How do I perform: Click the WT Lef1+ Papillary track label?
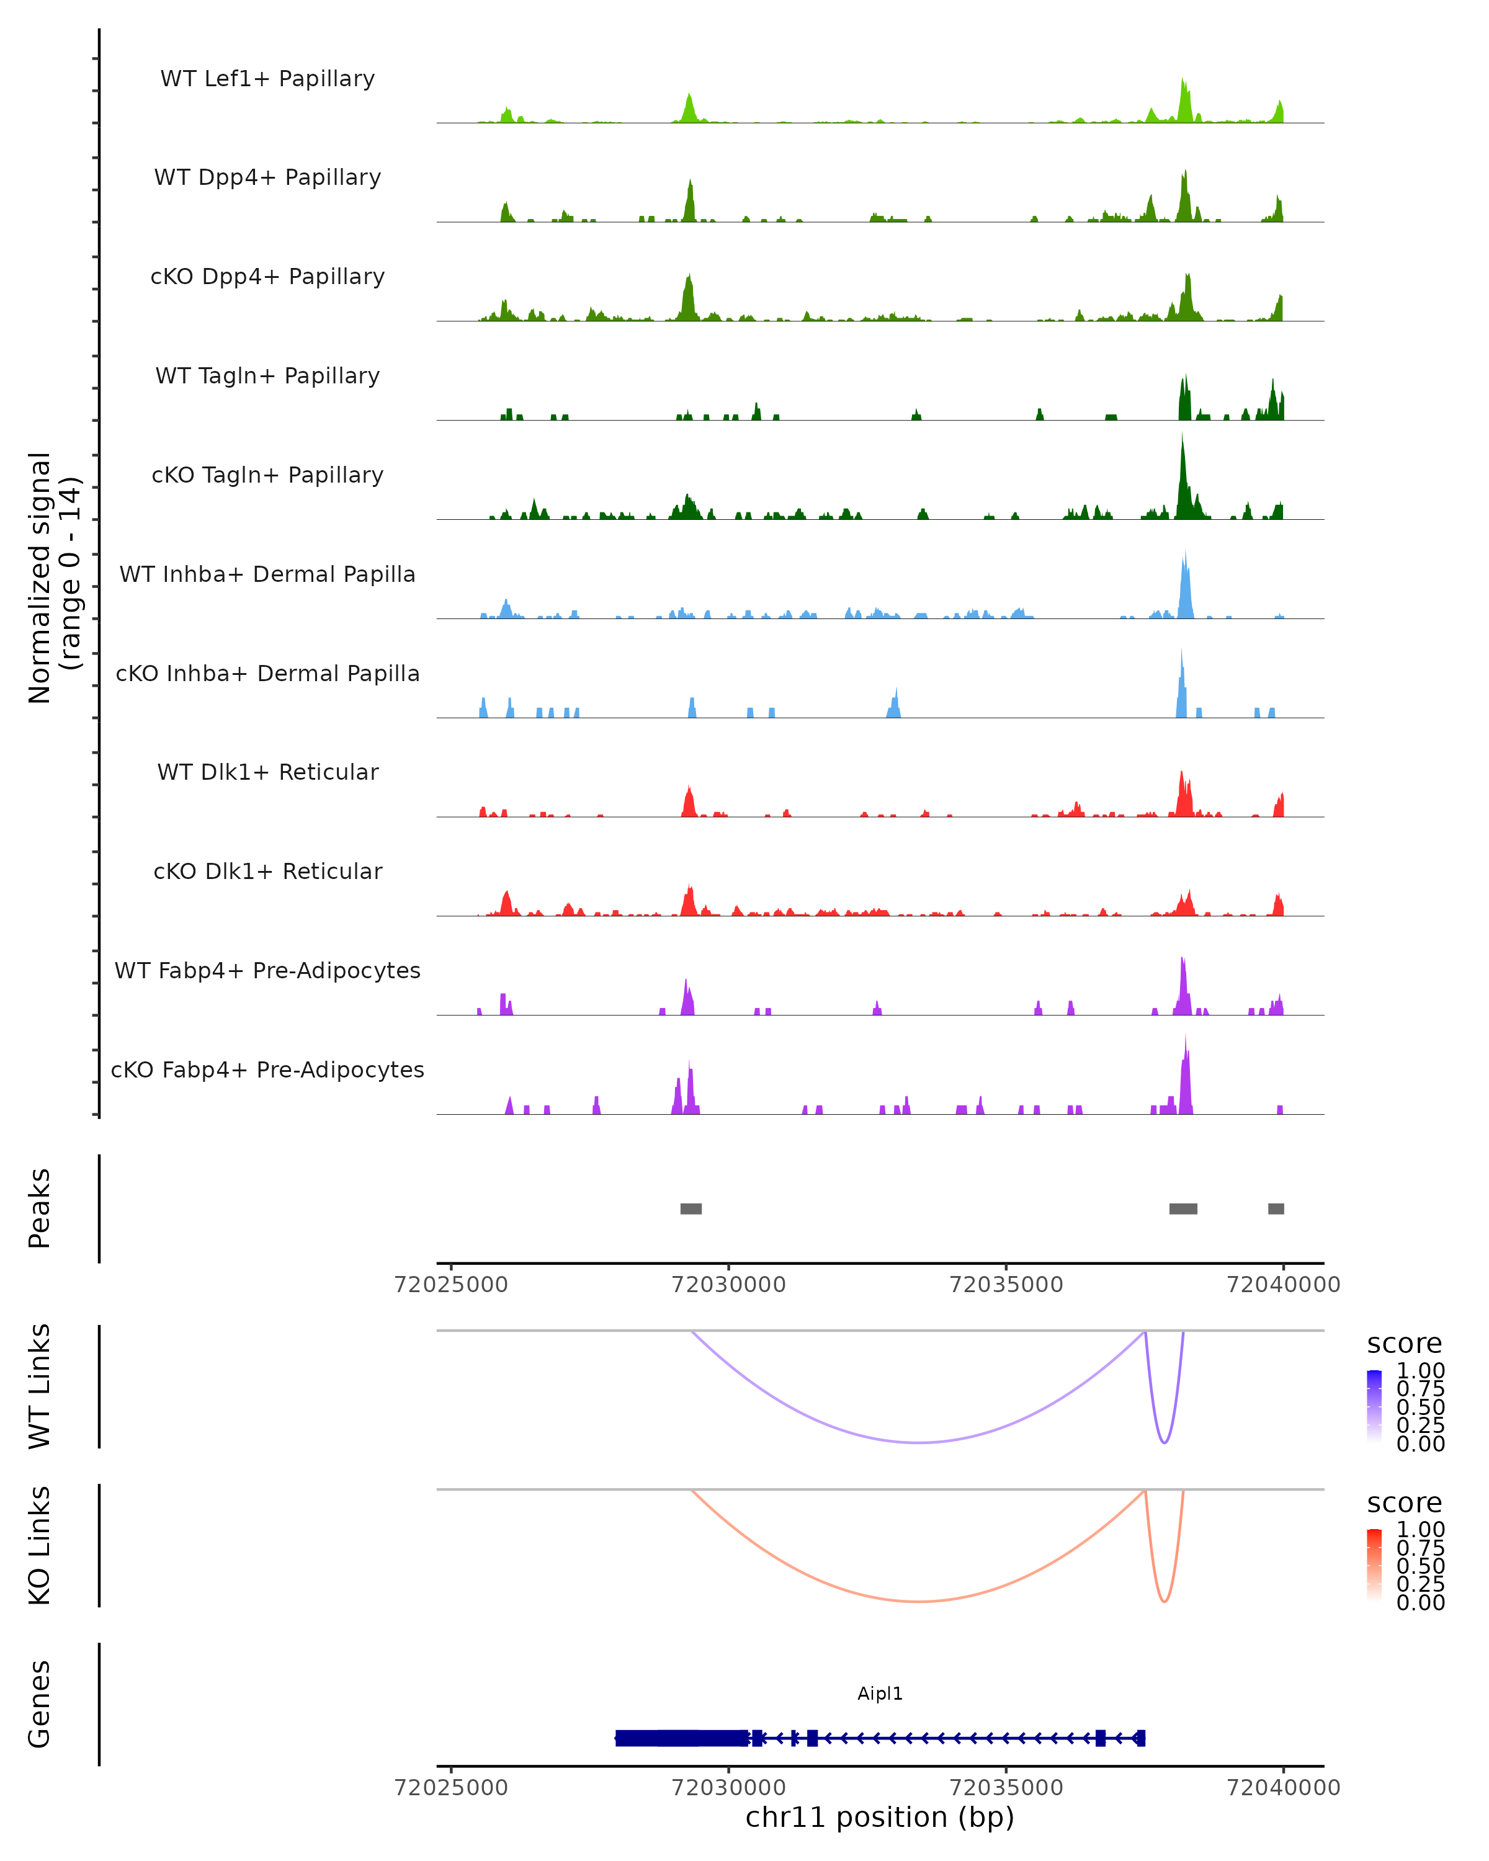point(267,79)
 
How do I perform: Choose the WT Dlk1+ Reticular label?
point(267,772)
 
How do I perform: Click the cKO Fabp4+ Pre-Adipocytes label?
point(267,1069)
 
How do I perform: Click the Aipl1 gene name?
point(880,1694)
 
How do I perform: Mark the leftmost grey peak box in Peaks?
point(691,1208)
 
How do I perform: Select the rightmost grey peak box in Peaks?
point(1276,1208)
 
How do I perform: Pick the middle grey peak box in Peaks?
point(1183,1208)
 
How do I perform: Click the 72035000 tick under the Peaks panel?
point(1006,1285)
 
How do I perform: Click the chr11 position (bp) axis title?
point(880,1817)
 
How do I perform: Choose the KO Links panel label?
point(40,1545)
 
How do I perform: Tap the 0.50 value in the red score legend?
point(1420,1566)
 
